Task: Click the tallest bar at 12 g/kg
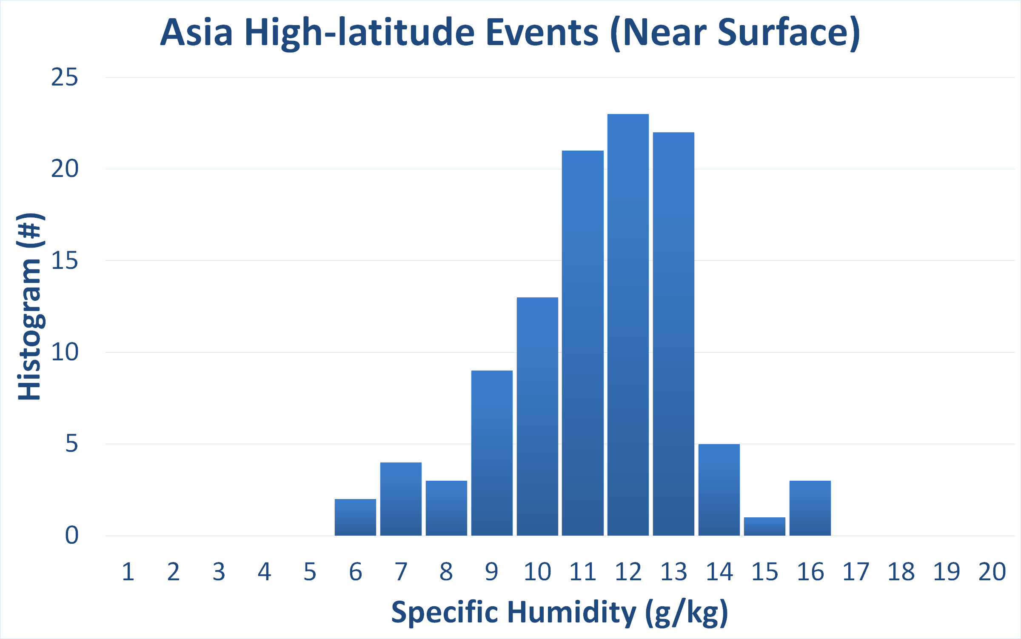pyautogui.click(x=628, y=325)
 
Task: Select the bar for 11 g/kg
pyautogui.click(x=583, y=343)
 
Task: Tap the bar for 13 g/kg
pyautogui.click(x=673, y=334)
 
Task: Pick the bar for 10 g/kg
pyautogui.click(x=537, y=416)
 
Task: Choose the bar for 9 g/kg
pyautogui.click(x=492, y=453)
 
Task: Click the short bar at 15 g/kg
pyautogui.click(x=764, y=526)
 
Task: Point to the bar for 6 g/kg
pyautogui.click(x=355, y=517)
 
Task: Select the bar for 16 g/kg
pyautogui.click(x=810, y=508)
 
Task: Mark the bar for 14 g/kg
pyautogui.click(x=719, y=490)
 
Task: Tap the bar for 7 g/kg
pyautogui.click(x=401, y=499)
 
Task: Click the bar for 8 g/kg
pyautogui.click(x=446, y=508)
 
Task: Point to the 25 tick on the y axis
pyautogui.click(x=65, y=77)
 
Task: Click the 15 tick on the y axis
pyautogui.click(x=65, y=260)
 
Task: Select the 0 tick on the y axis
pyautogui.click(x=72, y=535)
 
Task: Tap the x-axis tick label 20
pyautogui.click(x=992, y=572)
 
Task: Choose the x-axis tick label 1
pyautogui.click(x=128, y=572)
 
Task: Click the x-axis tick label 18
pyautogui.click(x=901, y=572)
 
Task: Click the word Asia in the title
pyautogui.click(x=197, y=32)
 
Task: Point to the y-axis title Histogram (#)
pyautogui.click(x=30, y=307)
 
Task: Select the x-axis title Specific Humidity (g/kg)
pyautogui.click(x=560, y=613)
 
